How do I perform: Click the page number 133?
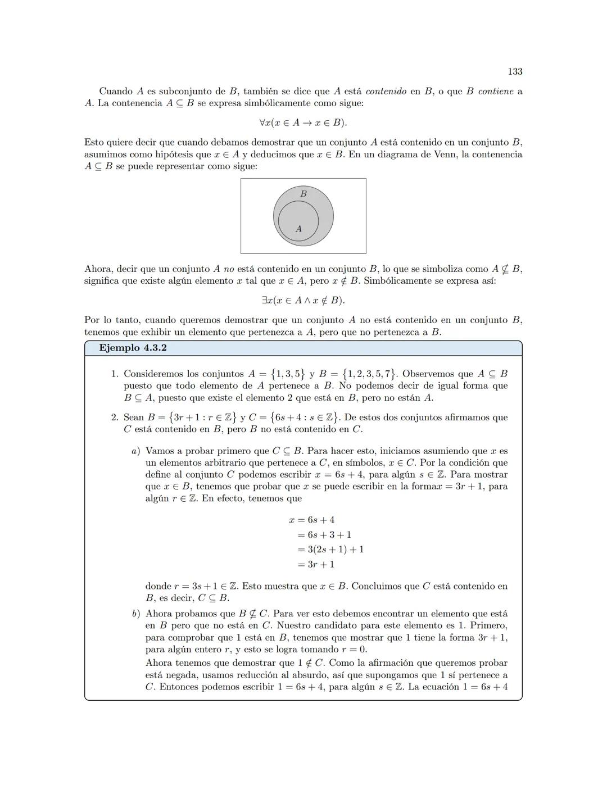pos(515,71)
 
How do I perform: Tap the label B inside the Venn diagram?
pos(303,194)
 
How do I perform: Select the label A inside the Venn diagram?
pos(298,229)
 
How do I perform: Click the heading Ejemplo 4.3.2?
pos(133,348)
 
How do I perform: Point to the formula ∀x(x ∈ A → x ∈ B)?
pos(303,122)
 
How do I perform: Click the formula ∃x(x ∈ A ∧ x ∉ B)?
pos(303,301)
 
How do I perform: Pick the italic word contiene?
pos(496,91)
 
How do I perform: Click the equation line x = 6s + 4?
pos(311,520)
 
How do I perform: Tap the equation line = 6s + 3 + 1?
pos(324,535)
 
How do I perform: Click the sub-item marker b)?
pos(135,614)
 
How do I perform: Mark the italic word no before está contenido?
pos(229,269)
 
